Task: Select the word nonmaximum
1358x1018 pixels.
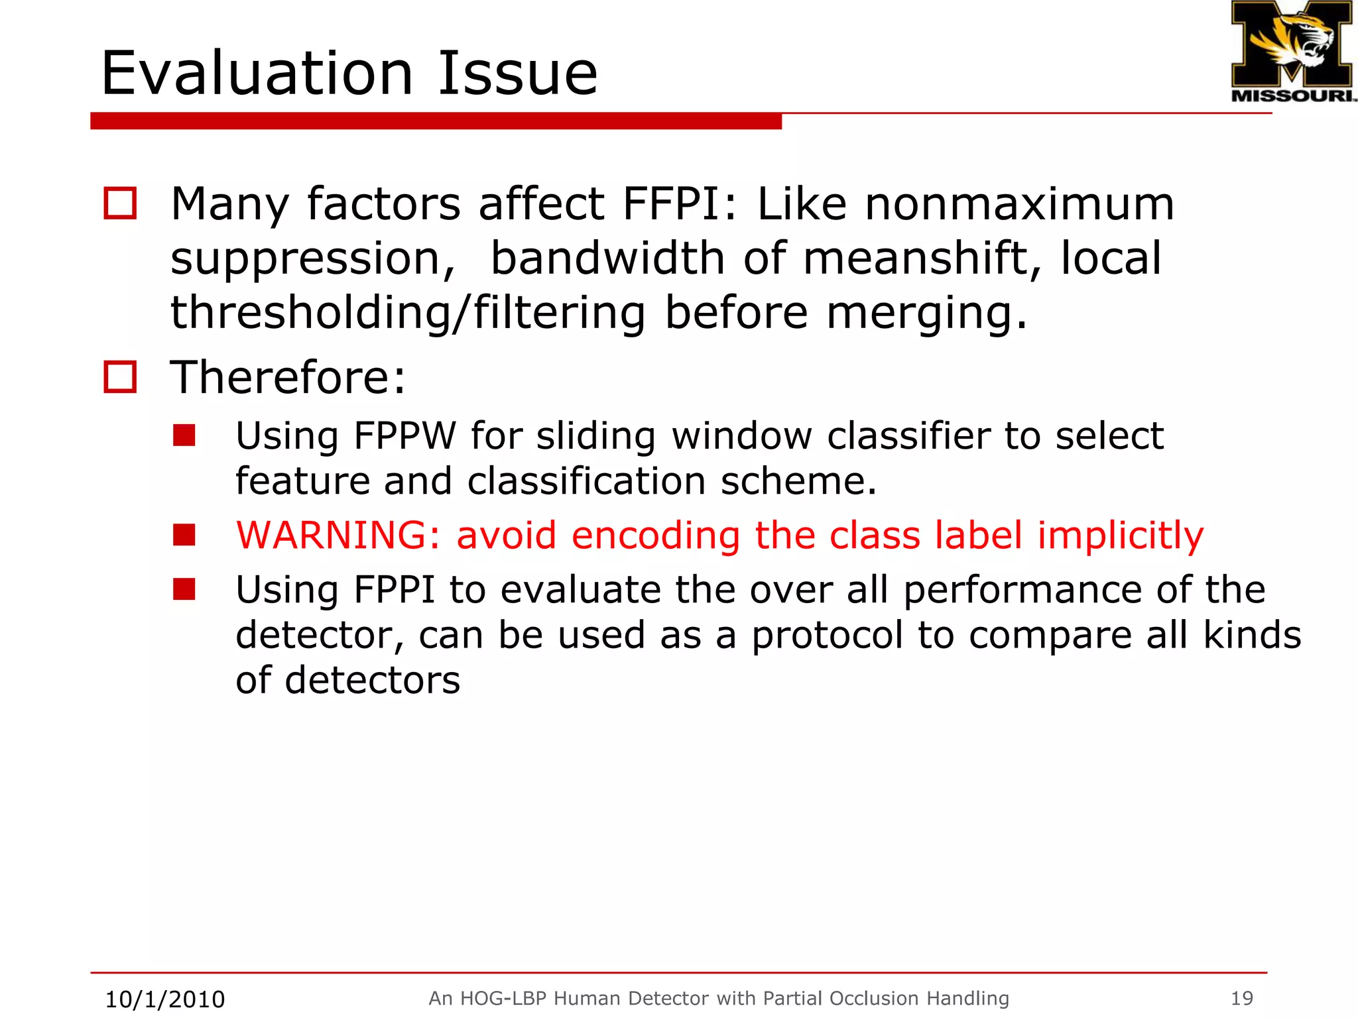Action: pos(1020,203)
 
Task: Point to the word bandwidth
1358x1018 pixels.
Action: pos(607,258)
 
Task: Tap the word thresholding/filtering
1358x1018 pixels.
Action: pos(408,312)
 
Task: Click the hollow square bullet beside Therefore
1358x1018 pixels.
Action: pos(120,377)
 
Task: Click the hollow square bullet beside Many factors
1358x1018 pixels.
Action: pos(120,203)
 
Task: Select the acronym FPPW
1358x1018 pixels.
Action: pos(405,436)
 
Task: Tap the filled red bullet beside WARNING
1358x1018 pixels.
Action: pos(184,535)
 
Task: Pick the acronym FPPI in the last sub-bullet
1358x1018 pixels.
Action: pos(394,590)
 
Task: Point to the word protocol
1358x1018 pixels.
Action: pos(826,635)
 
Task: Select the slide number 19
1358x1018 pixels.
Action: pos(1242,998)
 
